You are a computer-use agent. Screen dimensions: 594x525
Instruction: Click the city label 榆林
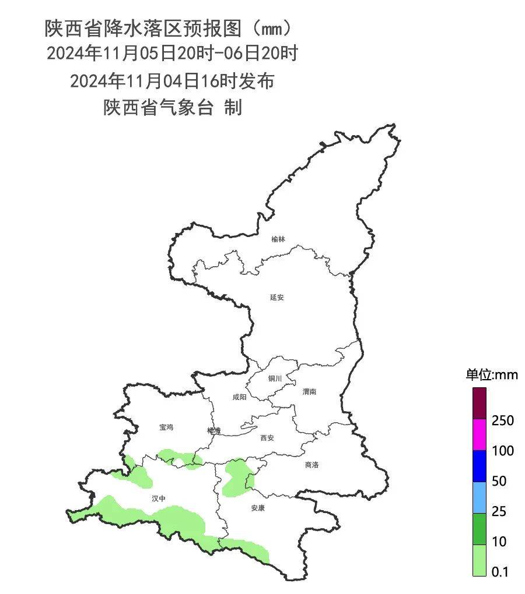(278, 239)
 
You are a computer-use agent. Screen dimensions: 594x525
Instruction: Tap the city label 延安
(276, 297)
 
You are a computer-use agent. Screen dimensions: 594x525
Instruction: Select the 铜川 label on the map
(275, 379)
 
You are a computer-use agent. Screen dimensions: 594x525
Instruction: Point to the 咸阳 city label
(239, 397)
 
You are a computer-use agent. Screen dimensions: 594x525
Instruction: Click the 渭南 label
(309, 392)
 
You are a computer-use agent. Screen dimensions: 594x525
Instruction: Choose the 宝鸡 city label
(166, 427)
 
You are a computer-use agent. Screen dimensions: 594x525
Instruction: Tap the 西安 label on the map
(267, 437)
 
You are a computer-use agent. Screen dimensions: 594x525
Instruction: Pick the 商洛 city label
(312, 465)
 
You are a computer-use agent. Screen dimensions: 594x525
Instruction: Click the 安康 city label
(258, 508)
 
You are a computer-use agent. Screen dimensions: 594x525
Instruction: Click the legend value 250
(502, 420)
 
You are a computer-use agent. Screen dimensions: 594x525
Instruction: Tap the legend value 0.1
(500, 572)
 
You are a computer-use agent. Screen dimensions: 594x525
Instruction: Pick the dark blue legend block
(479, 466)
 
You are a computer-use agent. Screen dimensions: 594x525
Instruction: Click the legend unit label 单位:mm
(491, 375)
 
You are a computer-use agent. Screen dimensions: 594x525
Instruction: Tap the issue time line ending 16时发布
(172, 81)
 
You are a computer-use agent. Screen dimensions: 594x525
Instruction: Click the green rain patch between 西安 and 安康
(236, 476)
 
